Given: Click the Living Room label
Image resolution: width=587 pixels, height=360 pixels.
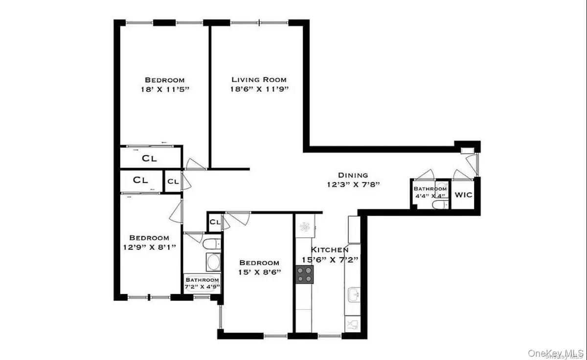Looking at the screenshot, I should coord(259,80).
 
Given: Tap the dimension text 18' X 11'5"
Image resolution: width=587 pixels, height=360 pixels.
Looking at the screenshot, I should coord(164,90).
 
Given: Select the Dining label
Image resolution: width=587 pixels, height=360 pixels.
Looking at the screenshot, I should coord(353,175).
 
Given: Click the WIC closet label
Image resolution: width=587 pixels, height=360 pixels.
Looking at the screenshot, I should coord(463,195).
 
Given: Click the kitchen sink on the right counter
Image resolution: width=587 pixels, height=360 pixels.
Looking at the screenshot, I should coord(353,295).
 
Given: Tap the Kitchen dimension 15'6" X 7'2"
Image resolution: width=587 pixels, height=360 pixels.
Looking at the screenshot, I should coord(331,259).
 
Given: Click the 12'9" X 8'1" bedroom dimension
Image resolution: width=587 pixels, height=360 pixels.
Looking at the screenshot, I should coord(146,247).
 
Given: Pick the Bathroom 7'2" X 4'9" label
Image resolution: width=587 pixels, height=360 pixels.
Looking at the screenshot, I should coord(202,284).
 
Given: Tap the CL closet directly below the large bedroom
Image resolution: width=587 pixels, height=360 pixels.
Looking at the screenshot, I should coord(149,158).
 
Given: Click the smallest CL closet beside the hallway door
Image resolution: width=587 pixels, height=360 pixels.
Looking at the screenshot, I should coord(173,181).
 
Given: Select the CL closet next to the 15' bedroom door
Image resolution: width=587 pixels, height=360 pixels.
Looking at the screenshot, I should coord(215,222).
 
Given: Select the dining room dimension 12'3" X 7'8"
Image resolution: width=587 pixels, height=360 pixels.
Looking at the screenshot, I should coord(353,185).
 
